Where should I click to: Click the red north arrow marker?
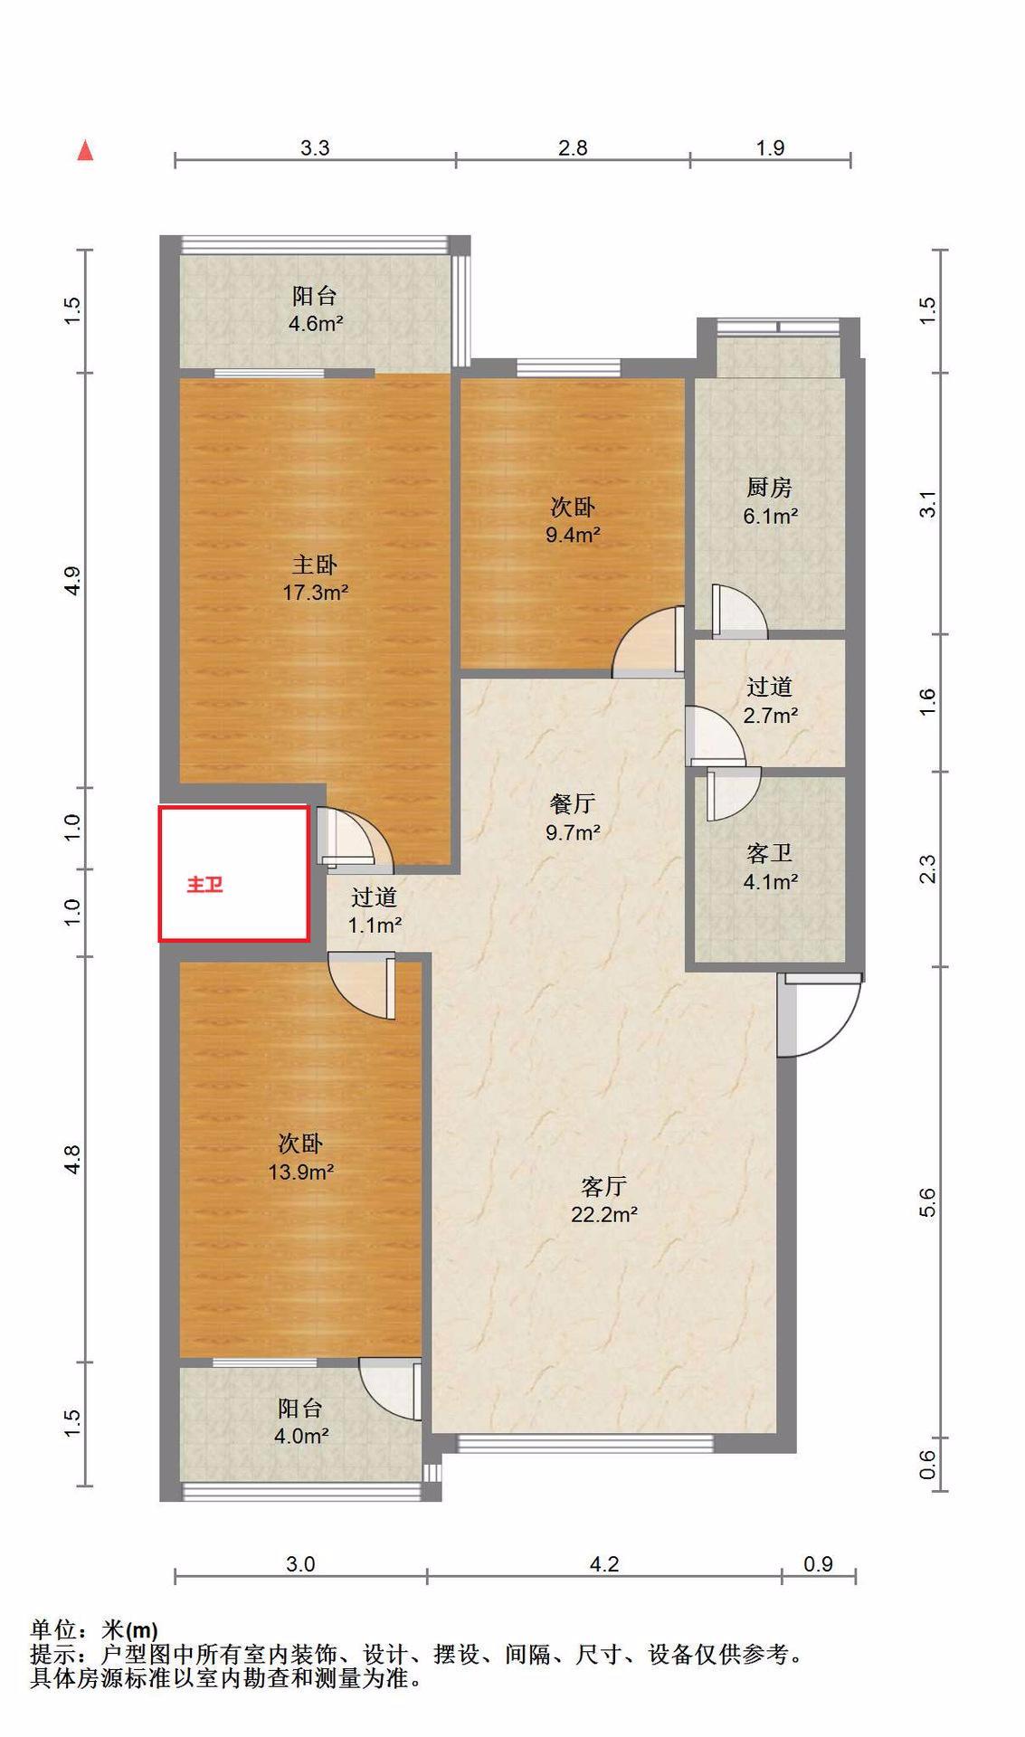pyautogui.click(x=85, y=150)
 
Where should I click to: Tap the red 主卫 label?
pyautogui.click(x=204, y=885)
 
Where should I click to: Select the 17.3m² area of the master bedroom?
pyautogui.click(x=316, y=593)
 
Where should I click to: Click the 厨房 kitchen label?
pyautogui.click(x=769, y=488)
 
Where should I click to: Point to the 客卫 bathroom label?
pyautogui.click(x=769, y=853)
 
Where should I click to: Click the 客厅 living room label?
pyautogui.click(x=603, y=1186)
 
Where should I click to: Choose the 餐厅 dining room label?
pyautogui.click(x=572, y=803)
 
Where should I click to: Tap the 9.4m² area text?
pyautogui.click(x=573, y=535)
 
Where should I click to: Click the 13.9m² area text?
pyautogui.click(x=301, y=1172)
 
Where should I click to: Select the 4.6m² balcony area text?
pyautogui.click(x=316, y=323)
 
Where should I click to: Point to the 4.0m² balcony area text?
pyautogui.click(x=301, y=1436)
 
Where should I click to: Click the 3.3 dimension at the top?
pyautogui.click(x=315, y=147)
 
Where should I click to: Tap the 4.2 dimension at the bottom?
pyautogui.click(x=603, y=1564)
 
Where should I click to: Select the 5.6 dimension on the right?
pyautogui.click(x=927, y=1202)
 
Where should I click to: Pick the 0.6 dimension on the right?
pyautogui.click(x=927, y=1464)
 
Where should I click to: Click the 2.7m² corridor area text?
pyautogui.click(x=771, y=716)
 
